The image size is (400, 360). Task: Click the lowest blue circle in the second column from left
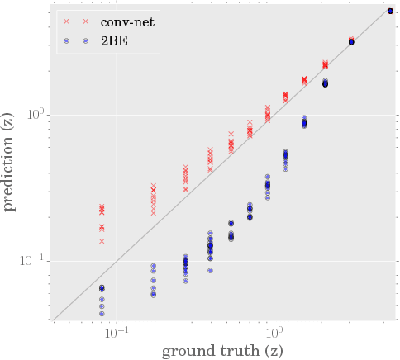(153, 295)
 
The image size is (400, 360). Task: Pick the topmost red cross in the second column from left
(153, 186)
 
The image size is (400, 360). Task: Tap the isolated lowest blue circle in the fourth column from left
(210, 270)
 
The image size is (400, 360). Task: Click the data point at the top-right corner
(390, 11)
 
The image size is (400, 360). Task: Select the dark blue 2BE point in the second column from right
(351, 41)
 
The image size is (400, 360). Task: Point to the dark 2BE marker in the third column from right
(325, 83)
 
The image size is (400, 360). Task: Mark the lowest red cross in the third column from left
(185, 190)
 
